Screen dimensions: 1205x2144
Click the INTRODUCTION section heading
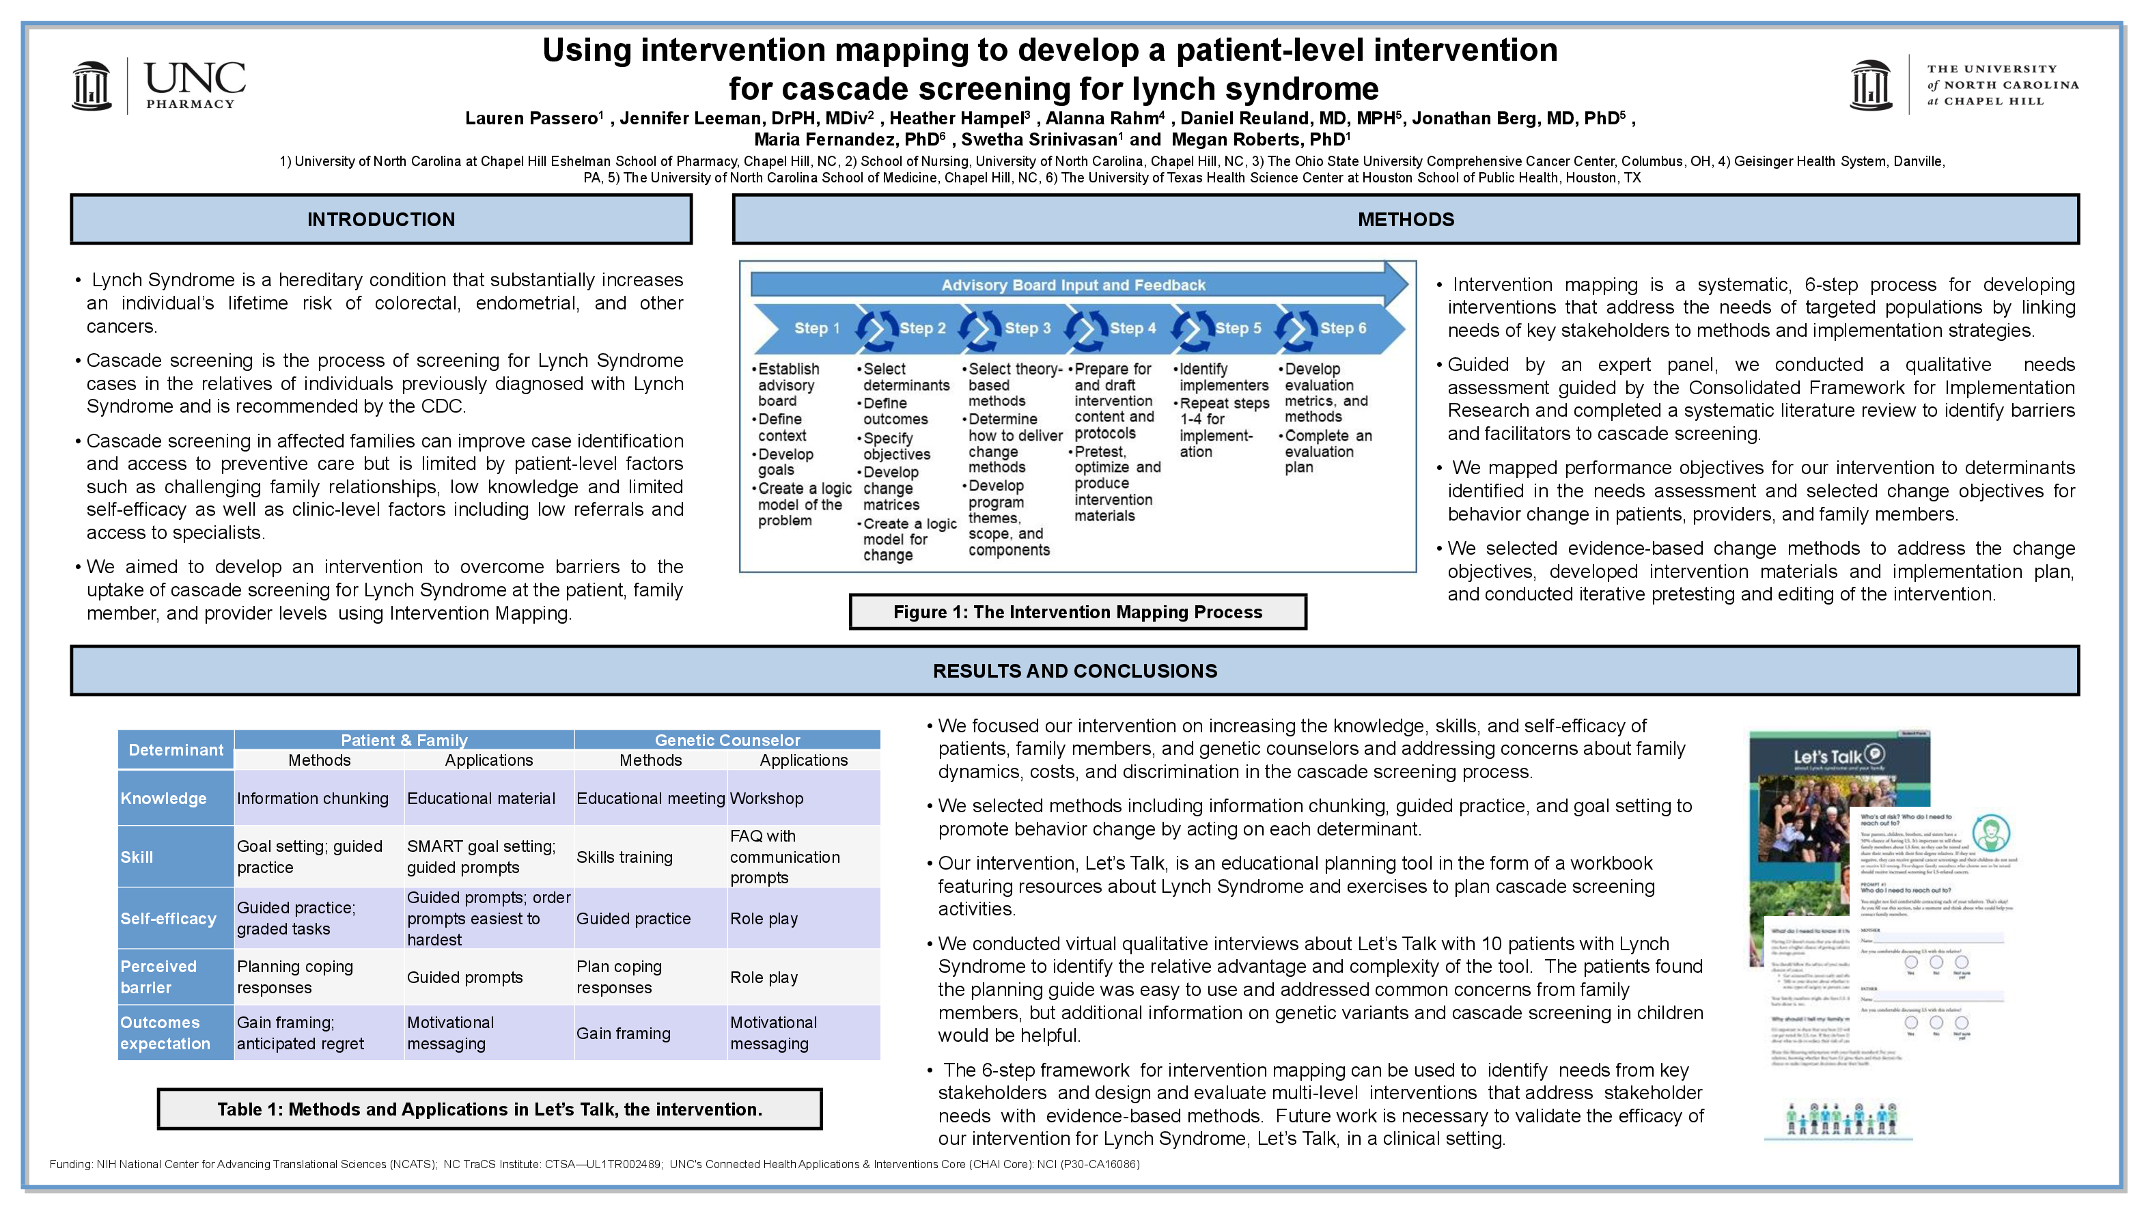pyautogui.click(x=381, y=220)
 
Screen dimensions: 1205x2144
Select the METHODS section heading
pyautogui.click(x=1405, y=220)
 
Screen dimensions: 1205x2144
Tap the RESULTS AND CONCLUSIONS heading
pyautogui.click(x=1074, y=671)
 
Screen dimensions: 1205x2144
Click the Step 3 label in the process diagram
pyautogui.click(x=1027, y=329)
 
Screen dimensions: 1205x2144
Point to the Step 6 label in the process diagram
pyautogui.click(x=1343, y=329)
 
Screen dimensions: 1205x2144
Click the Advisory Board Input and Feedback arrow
pyautogui.click(x=1073, y=285)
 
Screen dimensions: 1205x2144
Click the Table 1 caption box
pyautogui.click(x=490, y=1109)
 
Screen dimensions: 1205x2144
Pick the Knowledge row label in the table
pyautogui.click(x=164, y=798)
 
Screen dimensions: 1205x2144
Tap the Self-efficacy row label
pyautogui.click(x=168, y=919)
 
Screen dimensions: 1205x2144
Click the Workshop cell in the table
pyautogui.click(x=766, y=798)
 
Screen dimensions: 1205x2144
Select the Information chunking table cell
pyautogui.click(x=313, y=798)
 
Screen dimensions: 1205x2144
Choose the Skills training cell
pyautogui.click(x=624, y=857)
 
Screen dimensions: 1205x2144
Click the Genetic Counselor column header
pyautogui.click(x=727, y=740)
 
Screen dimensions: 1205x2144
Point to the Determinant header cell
pyautogui.click(x=176, y=750)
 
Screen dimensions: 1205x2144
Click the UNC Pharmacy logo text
pyautogui.click(x=194, y=85)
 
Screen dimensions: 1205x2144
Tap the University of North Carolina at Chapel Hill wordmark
pyautogui.click(x=2002, y=85)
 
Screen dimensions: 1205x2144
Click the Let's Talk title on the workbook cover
pyautogui.click(x=1828, y=758)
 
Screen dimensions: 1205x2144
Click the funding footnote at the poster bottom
pyautogui.click(x=594, y=1164)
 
